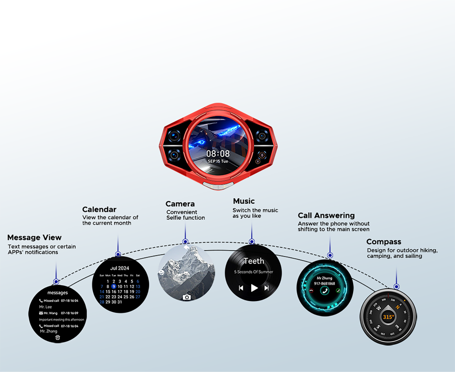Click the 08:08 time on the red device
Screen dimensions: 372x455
click(218, 154)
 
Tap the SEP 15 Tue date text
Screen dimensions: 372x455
click(218, 161)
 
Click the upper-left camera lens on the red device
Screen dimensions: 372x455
click(175, 135)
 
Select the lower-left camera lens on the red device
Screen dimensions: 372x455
click(175, 156)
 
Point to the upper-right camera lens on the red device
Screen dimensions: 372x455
click(261, 135)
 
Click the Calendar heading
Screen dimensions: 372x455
click(99, 210)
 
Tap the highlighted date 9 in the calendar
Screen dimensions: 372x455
click(114, 287)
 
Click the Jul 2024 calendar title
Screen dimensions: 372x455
click(120, 268)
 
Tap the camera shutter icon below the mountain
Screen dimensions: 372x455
click(187, 297)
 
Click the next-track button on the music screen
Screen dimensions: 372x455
click(267, 288)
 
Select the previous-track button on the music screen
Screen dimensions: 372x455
click(241, 288)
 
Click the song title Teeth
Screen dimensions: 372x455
click(254, 261)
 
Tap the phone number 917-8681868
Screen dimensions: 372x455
click(325, 283)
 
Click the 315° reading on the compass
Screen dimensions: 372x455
click(388, 317)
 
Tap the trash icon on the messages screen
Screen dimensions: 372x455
click(58, 337)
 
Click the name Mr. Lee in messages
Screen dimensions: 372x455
click(45, 307)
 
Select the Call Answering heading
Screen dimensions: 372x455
click(326, 216)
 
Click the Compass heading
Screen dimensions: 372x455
click(384, 242)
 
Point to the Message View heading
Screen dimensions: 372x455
click(35, 237)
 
